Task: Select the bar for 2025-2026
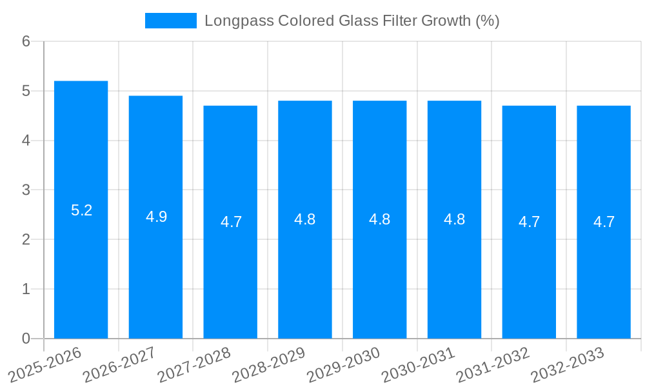81,210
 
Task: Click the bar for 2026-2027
155,217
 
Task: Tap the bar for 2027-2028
230,222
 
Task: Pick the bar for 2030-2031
454,219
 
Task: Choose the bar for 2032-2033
603,222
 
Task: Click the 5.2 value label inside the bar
81,210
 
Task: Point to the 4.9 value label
156,217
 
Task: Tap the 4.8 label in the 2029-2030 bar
379,219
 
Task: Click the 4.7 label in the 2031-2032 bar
529,222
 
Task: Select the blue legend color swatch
170,21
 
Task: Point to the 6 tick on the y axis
26,41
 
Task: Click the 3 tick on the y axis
26,190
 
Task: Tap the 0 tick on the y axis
26,339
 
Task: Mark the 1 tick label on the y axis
26,289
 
